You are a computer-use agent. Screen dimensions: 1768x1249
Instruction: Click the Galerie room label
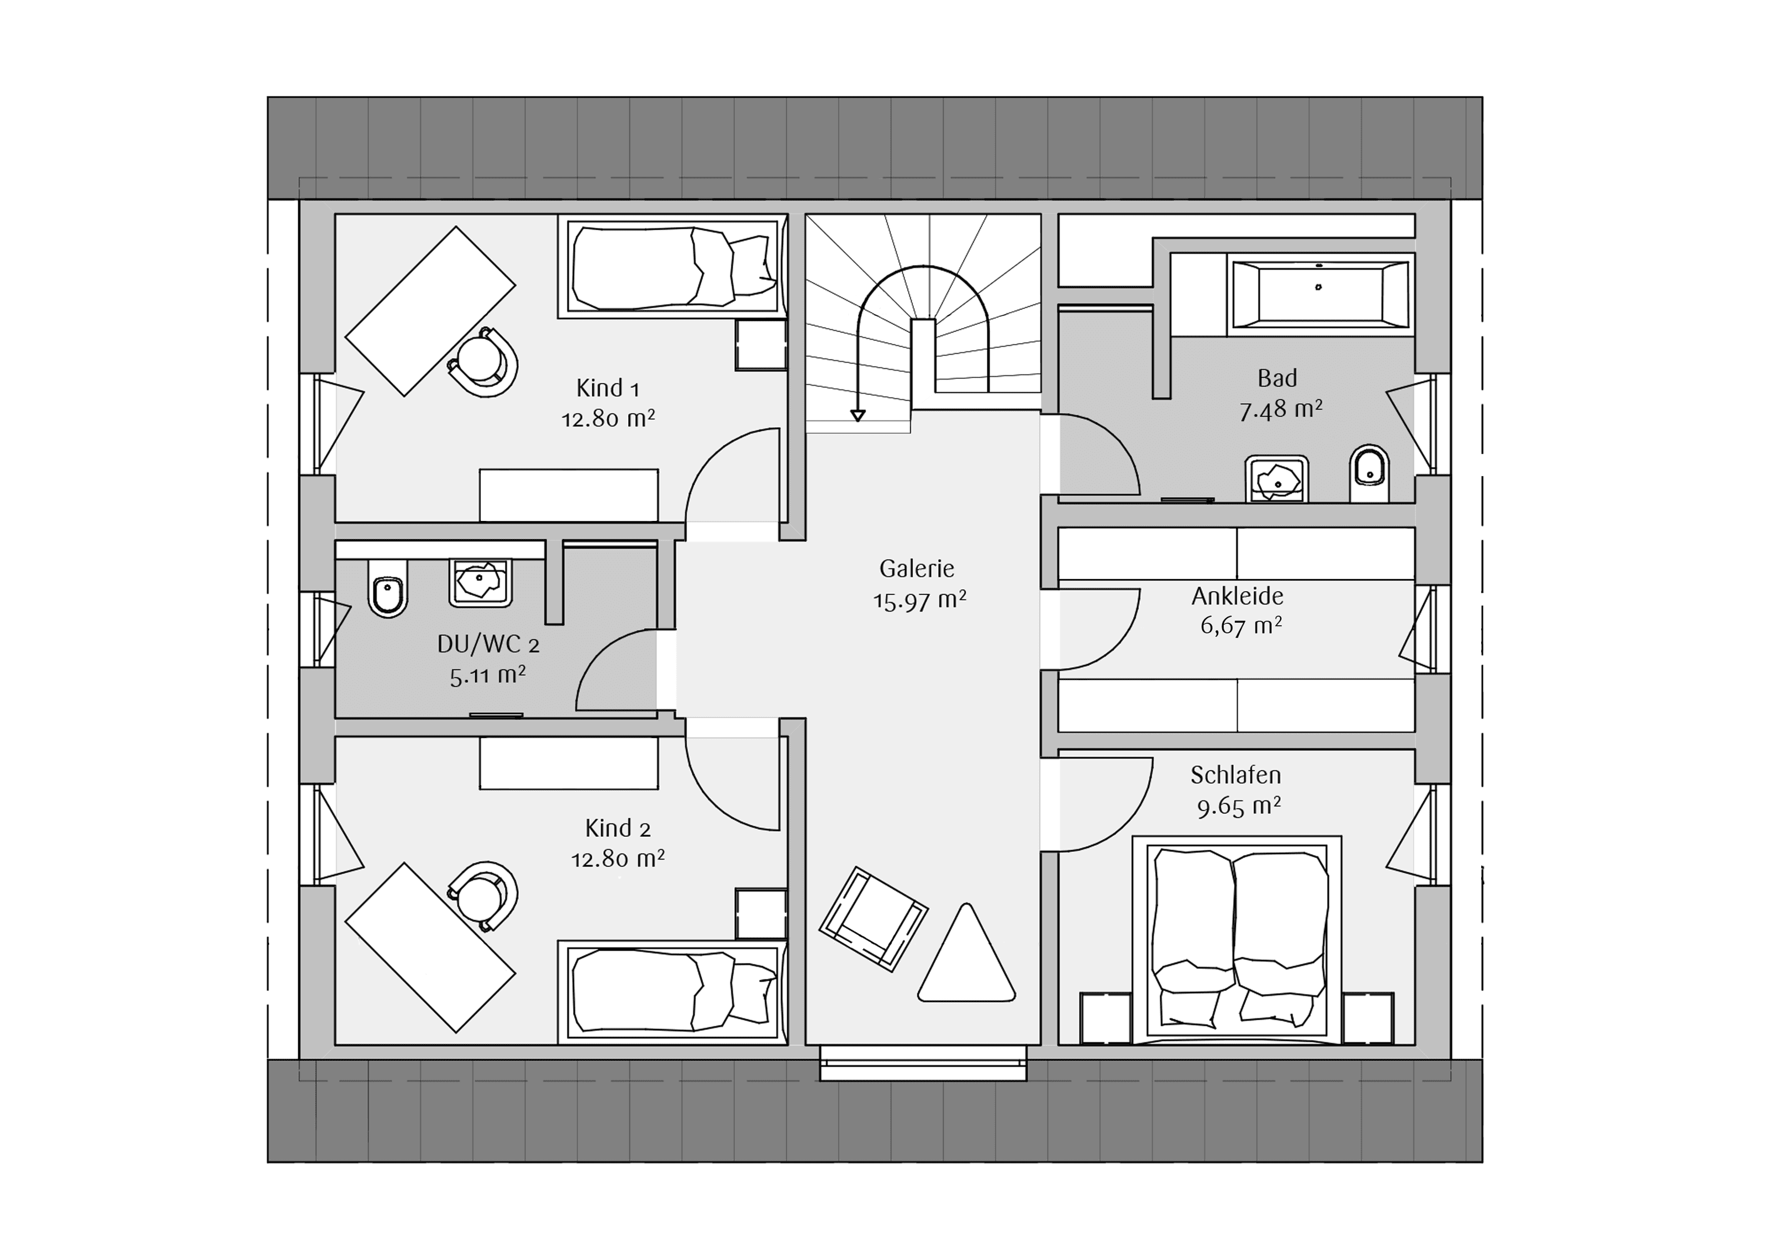(917, 569)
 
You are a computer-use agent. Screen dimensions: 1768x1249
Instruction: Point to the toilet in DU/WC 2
(388, 588)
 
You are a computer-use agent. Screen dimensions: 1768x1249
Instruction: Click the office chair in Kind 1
(483, 362)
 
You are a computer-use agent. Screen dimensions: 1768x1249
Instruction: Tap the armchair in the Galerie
(873, 919)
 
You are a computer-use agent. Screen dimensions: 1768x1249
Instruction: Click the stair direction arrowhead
(858, 416)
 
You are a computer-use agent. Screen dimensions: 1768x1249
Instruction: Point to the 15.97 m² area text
(919, 600)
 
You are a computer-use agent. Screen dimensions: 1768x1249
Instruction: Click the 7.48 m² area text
(1281, 409)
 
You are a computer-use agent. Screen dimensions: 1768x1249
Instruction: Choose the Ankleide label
(1238, 596)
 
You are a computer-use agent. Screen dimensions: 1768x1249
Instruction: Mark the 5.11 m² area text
(487, 676)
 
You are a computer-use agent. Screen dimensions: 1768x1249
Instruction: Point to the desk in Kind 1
(430, 312)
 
